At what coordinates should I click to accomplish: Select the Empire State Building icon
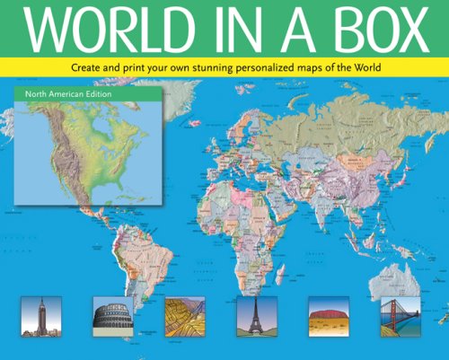click(37, 316)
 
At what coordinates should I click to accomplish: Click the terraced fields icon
click(185, 316)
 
